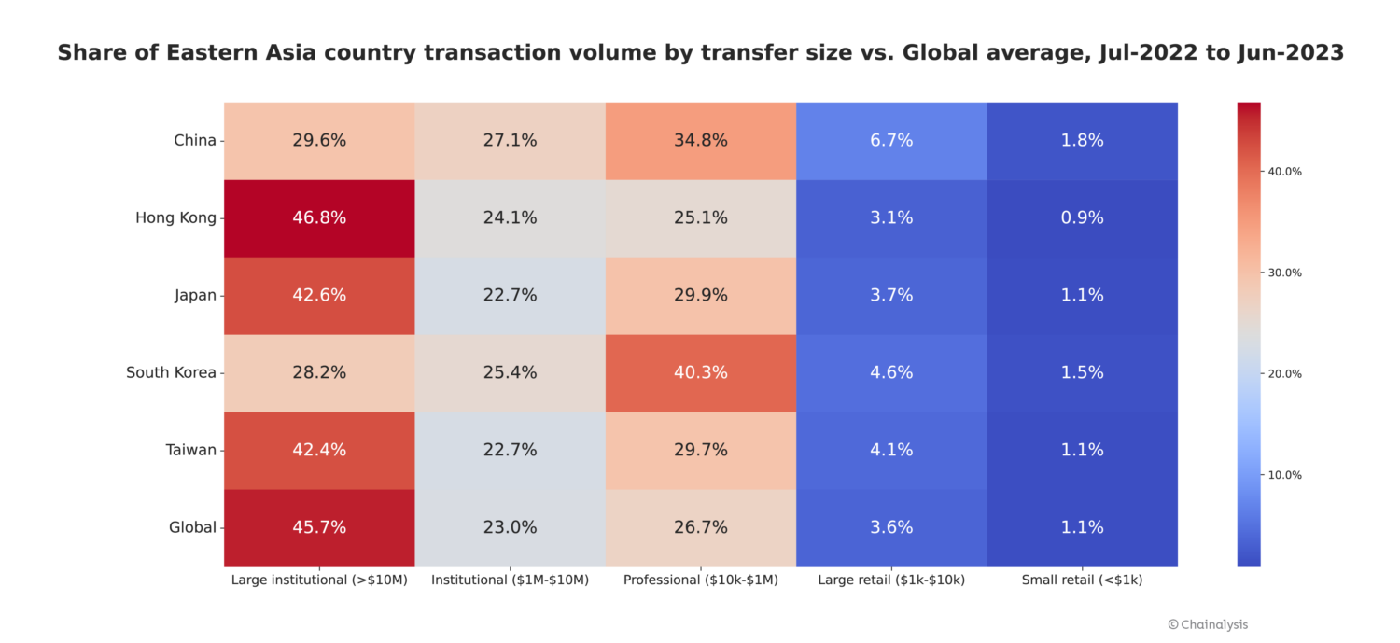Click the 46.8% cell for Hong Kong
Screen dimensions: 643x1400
tap(319, 218)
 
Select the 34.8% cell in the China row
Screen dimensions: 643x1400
tap(700, 141)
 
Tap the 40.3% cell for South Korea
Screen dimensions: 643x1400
tap(700, 372)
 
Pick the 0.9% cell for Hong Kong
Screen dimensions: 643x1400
tap(1082, 218)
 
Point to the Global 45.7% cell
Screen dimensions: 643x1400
tap(319, 527)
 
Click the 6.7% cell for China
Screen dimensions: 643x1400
tap(891, 141)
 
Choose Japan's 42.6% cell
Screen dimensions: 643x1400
tap(319, 296)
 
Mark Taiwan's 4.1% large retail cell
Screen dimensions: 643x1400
tap(891, 450)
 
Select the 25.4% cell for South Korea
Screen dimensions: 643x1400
tap(510, 372)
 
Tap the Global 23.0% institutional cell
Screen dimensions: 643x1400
tap(510, 527)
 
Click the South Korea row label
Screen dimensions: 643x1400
tap(171, 372)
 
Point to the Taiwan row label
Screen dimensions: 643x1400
tap(191, 450)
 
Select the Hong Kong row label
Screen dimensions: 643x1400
tap(175, 218)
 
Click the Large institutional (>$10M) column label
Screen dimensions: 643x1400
tap(319, 580)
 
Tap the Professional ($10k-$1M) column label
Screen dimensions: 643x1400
tap(700, 580)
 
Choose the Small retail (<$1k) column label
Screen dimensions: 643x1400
tap(1082, 580)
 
